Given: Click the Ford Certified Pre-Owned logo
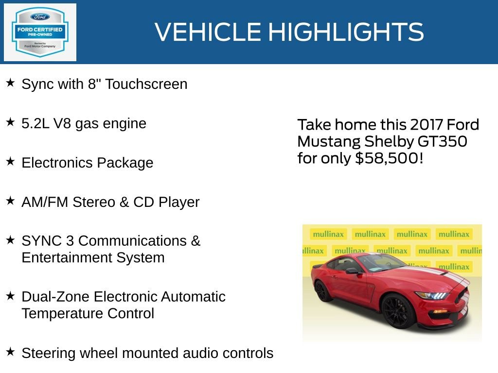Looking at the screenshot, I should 40,32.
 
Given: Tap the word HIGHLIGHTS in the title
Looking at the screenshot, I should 346,32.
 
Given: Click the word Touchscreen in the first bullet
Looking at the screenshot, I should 146,84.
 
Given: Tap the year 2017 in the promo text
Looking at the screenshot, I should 427,125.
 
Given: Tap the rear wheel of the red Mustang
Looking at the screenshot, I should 321,290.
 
